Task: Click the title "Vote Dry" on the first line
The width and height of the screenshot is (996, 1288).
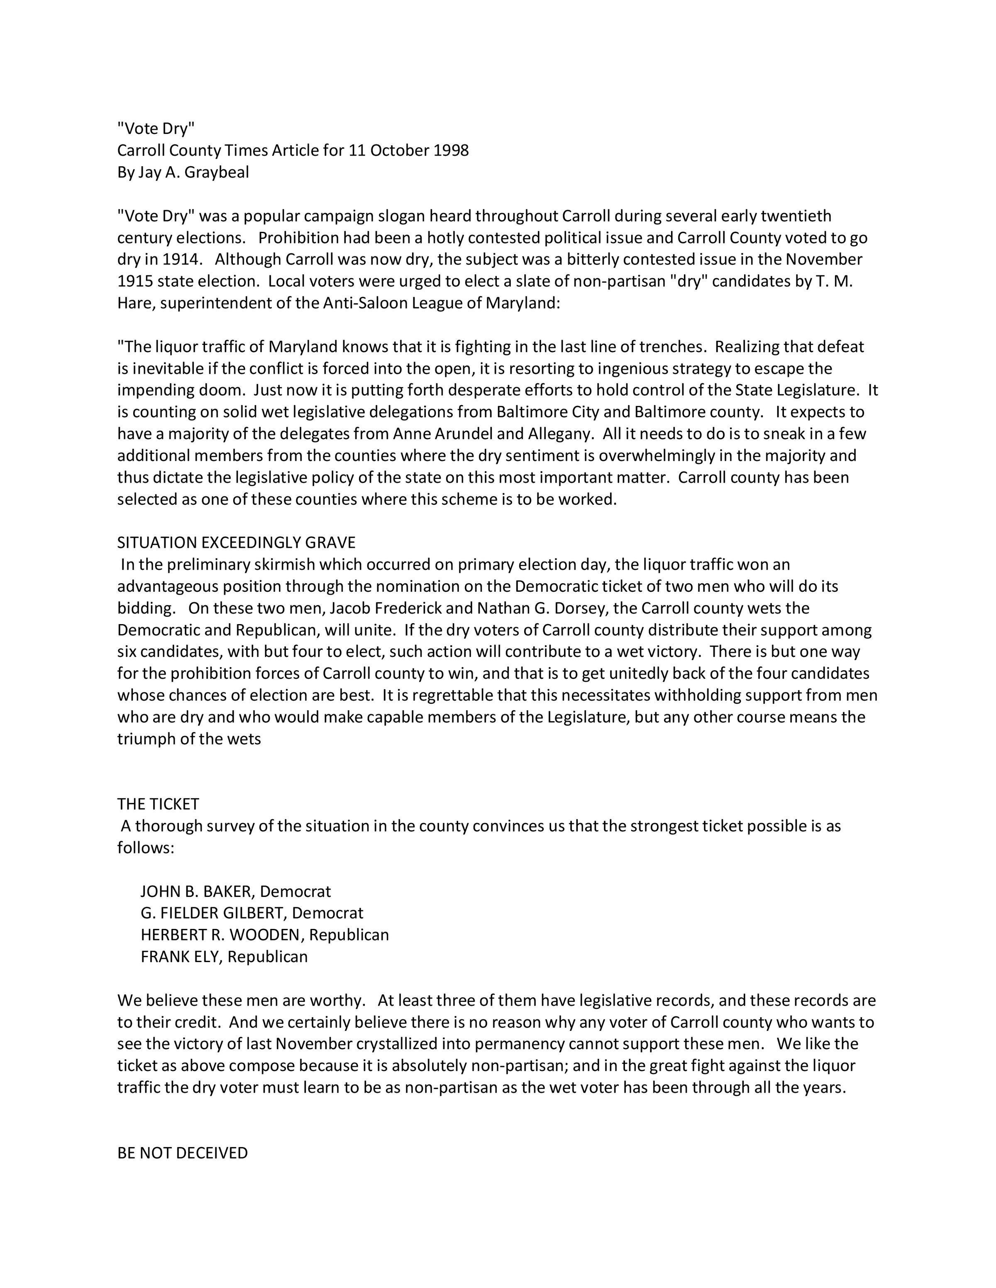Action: (x=156, y=128)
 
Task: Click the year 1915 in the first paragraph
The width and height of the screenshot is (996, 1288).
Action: (x=135, y=281)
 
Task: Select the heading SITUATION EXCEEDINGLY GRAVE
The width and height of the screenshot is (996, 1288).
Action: (x=236, y=542)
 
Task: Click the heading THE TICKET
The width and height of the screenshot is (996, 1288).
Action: (x=158, y=804)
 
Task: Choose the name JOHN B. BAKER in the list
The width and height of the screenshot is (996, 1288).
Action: (x=197, y=891)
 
